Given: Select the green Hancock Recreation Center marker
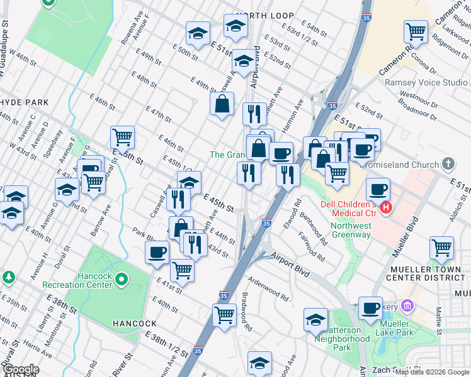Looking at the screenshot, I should click(x=122, y=278).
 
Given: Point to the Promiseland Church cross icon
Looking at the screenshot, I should click(x=448, y=165).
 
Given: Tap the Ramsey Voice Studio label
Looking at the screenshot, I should click(x=426, y=82).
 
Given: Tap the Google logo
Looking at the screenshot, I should click(x=21, y=369).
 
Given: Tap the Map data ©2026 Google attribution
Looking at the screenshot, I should click(x=432, y=372).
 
